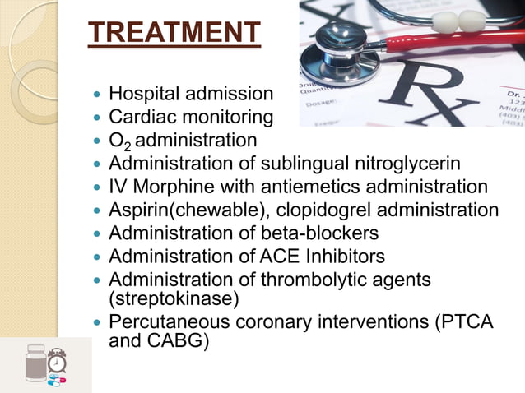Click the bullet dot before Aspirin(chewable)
click(x=98, y=210)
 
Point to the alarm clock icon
click(x=57, y=360)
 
